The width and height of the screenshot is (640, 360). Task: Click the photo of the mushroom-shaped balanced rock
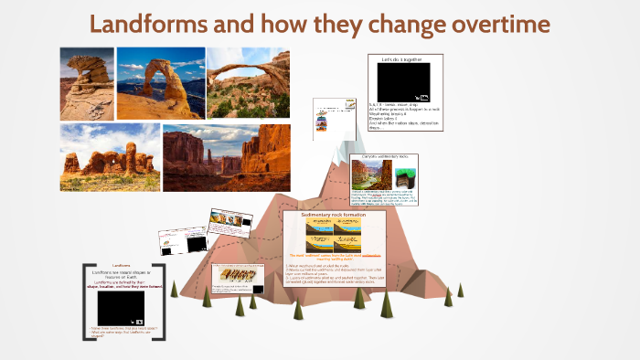[86, 83]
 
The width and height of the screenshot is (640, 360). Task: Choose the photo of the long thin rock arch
[249, 83]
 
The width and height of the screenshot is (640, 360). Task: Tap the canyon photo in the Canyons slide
[371, 175]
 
